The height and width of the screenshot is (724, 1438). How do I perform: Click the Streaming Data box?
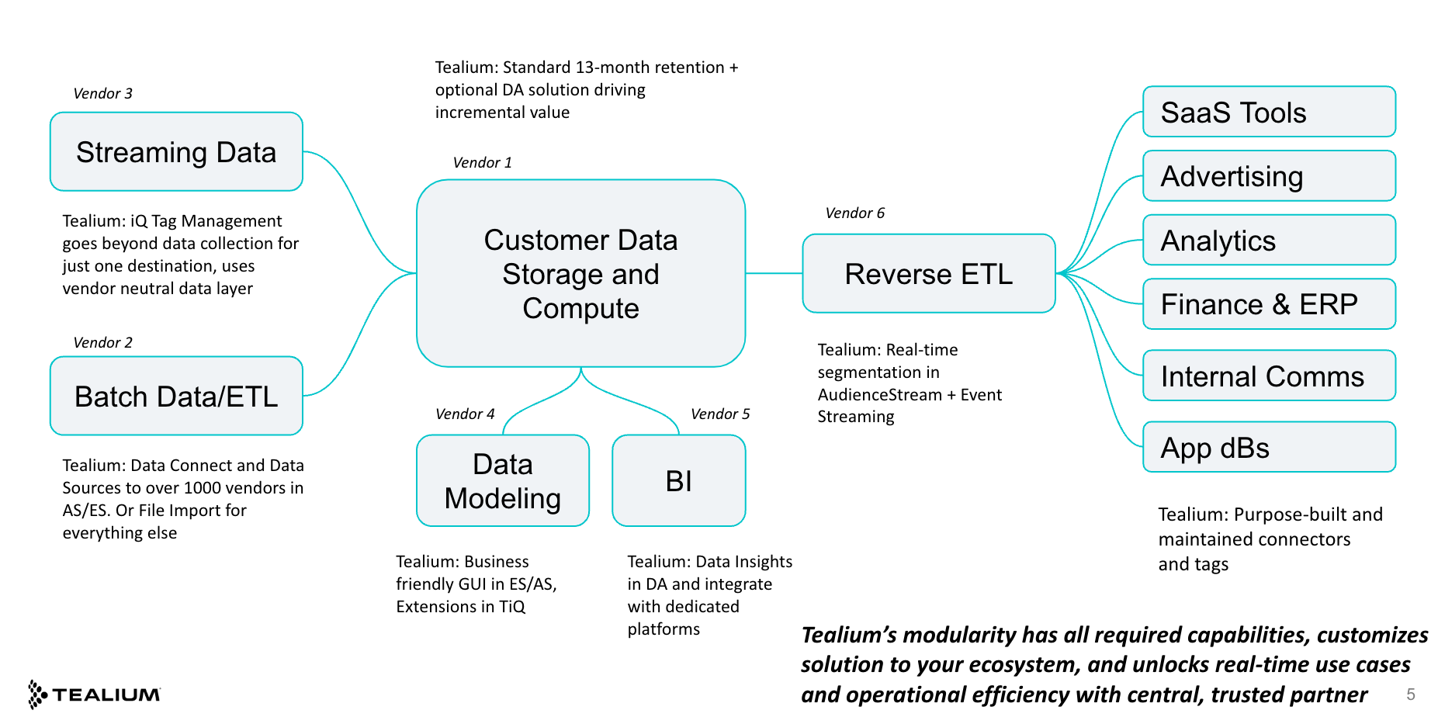coord(176,152)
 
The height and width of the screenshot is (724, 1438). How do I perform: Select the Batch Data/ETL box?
coord(176,396)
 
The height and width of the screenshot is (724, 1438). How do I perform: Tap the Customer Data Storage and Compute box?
coord(580,273)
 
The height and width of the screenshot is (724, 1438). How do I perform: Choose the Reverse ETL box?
coord(928,274)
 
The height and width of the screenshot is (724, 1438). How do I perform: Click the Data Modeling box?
coord(502,480)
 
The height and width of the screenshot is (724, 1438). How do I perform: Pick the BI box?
coord(678,480)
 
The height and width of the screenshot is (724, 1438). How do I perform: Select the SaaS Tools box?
coord(1269,112)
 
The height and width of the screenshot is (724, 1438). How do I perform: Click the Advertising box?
coord(1269,176)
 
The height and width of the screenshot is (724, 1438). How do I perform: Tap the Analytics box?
coord(1269,241)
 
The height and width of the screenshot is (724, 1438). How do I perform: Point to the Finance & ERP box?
coord(1269,304)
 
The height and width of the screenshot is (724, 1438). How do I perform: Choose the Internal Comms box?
coord(1269,376)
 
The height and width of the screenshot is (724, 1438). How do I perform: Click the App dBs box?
coord(1269,448)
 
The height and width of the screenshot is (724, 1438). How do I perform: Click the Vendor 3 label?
coord(102,94)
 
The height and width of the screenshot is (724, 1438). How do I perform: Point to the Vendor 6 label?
coord(854,213)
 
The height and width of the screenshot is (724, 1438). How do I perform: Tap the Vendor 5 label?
coord(720,414)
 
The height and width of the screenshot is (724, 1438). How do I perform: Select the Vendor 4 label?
coord(465,414)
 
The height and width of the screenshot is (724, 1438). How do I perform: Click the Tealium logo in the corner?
coord(95,694)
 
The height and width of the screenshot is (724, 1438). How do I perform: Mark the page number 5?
coord(1410,695)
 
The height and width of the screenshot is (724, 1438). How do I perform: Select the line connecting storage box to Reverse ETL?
coord(774,273)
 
